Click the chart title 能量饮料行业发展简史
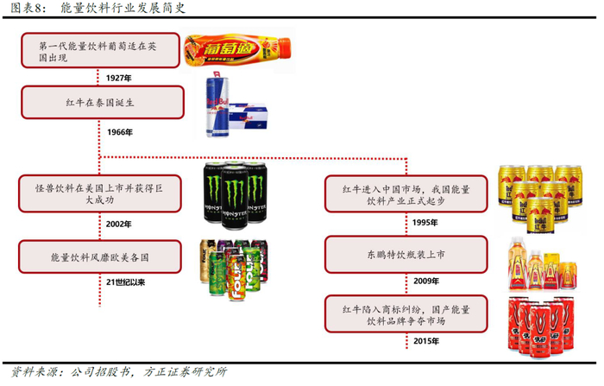[116, 9]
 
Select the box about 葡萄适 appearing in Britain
[101, 51]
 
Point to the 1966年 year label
[118, 131]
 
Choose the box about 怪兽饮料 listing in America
[101, 193]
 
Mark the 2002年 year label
[118, 224]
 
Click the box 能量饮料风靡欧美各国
[101, 256]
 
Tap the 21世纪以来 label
[125, 282]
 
